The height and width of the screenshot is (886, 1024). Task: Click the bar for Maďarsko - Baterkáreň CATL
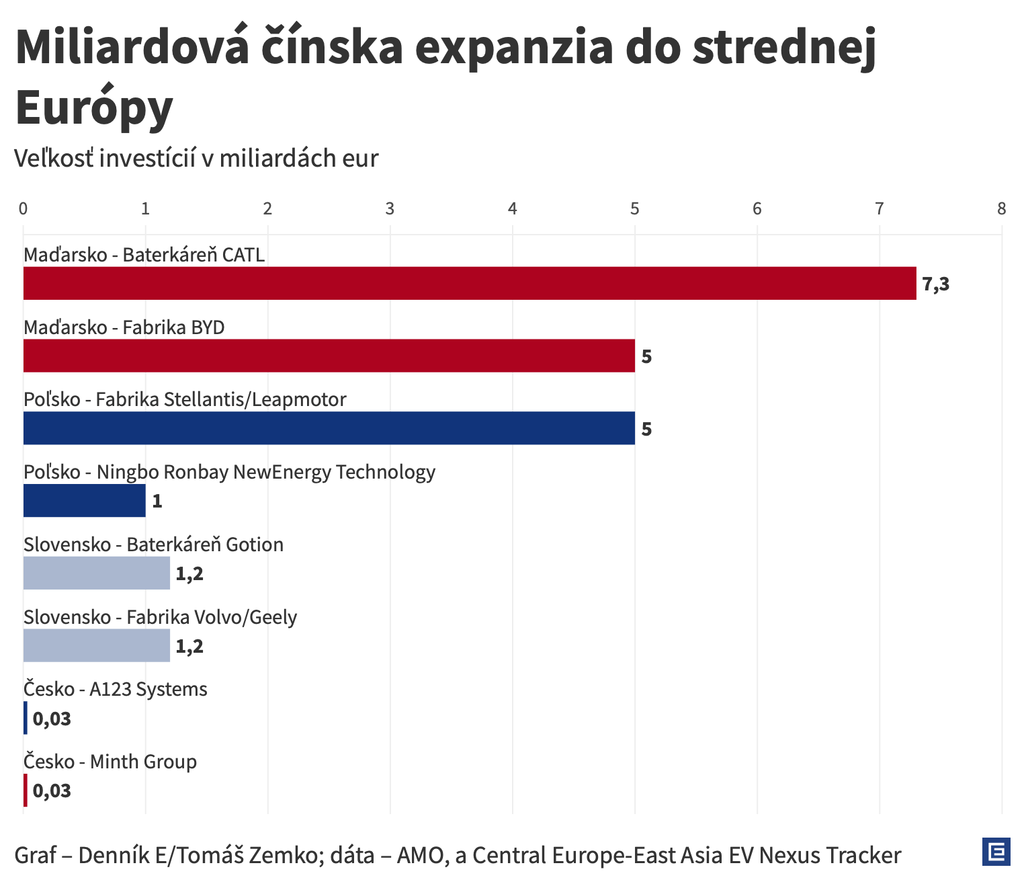469,283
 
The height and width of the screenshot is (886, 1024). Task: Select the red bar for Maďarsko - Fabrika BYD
329,356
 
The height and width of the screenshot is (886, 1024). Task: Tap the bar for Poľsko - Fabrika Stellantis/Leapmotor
329,428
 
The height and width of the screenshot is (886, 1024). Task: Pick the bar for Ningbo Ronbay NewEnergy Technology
84,501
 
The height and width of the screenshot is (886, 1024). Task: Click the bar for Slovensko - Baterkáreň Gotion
96,573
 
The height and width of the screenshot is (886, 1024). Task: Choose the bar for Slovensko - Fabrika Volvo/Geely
96,646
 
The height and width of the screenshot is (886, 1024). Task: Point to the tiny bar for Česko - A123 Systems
26,718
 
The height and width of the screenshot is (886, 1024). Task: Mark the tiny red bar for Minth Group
26,791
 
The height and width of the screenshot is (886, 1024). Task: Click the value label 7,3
935,284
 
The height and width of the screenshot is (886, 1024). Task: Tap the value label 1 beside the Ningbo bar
157,501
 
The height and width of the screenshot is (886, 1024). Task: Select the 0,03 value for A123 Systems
52,719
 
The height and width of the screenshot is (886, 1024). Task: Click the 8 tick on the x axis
1001,209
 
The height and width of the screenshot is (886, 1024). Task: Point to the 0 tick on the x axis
24,209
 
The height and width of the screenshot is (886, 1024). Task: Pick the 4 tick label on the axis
513,209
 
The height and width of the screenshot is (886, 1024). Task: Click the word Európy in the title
94,108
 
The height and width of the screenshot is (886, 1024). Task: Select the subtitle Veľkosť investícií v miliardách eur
196,159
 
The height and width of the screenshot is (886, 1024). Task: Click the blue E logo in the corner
996,852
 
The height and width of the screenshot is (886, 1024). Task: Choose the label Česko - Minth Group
110,762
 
